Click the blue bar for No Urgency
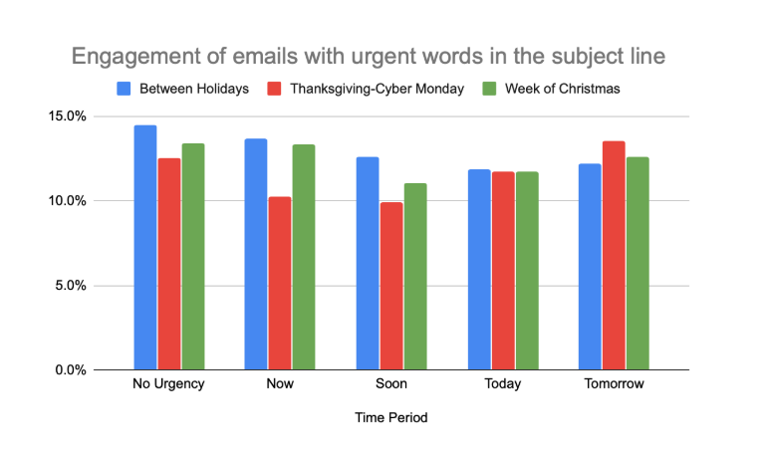click(x=145, y=248)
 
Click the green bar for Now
click(x=304, y=258)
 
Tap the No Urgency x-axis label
click(x=168, y=384)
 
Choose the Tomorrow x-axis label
click(x=614, y=384)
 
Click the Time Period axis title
click(x=391, y=418)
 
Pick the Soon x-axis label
click(x=391, y=384)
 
